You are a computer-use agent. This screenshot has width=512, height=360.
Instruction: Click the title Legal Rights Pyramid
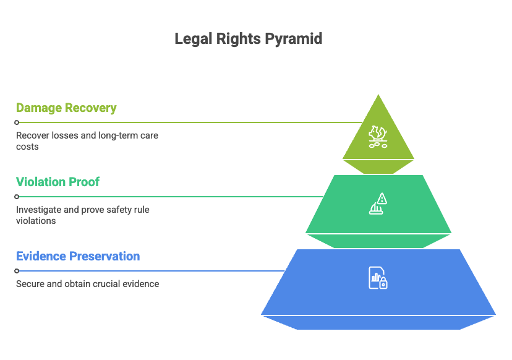[249, 39]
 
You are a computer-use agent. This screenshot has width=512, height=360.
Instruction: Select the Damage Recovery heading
[66, 108]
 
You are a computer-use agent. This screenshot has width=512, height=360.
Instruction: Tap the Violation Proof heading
[58, 182]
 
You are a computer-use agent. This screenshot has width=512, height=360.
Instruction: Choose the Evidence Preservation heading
[78, 257]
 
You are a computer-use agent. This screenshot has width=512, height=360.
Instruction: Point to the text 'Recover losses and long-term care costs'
[87, 141]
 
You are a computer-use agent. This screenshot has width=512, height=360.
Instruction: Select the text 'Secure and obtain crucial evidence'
[87, 284]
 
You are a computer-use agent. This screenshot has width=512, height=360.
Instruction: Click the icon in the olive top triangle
[378, 136]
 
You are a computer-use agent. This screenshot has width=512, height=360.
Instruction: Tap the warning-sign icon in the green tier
[378, 204]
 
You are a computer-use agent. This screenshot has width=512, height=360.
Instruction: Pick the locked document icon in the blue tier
[378, 278]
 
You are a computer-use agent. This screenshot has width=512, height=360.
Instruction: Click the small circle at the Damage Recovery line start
[17, 122]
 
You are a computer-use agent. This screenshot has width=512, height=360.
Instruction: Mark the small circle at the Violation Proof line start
[17, 197]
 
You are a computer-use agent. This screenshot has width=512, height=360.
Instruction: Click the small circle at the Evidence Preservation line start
[17, 271]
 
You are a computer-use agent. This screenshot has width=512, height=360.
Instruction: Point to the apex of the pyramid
[378, 94]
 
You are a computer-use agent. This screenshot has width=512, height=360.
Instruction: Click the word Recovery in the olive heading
[92, 108]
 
